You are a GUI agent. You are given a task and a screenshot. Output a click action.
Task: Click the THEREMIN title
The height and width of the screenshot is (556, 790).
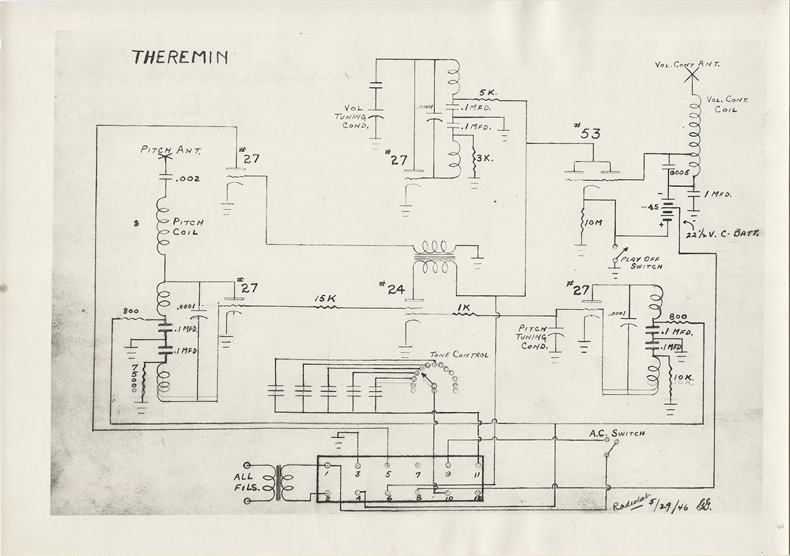coord(179,57)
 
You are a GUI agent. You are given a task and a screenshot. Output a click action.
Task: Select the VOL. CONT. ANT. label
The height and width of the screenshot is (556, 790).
coord(687,64)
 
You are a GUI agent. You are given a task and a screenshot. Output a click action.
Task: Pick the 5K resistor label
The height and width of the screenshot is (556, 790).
coord(488,92)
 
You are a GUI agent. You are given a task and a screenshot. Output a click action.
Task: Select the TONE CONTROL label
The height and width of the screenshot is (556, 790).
coord(459,354)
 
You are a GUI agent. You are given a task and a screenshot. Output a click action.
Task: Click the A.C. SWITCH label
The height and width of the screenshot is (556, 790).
coord(617,433)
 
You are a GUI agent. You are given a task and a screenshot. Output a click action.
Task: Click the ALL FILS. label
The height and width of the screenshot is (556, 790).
coord(248,482)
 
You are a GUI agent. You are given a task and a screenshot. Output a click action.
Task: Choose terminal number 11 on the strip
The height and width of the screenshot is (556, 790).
coord(477,474)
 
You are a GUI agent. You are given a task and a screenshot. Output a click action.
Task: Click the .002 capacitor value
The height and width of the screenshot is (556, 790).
coord(188,179)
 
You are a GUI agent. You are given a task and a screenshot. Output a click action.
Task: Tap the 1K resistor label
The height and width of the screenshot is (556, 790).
coord(463,307)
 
